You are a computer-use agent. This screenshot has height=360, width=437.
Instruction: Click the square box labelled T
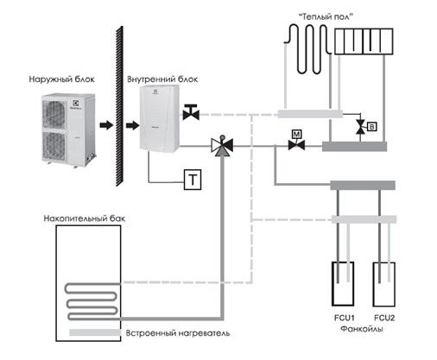click(x=193, y=180)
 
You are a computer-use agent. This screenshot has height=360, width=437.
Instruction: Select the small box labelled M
click(x=296, y=134)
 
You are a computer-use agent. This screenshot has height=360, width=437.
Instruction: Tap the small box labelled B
click(x=372, y=127)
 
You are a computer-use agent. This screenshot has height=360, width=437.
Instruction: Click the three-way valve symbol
click(x=222, y=145)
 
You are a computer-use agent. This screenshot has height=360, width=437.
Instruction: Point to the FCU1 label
click(x=344, y=318)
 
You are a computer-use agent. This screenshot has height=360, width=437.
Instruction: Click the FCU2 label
click(x=384, y=318)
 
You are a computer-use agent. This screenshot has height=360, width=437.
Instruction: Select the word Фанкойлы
click(x=362, y=329)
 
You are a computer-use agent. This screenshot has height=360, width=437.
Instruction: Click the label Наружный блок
click(x=61, y=79)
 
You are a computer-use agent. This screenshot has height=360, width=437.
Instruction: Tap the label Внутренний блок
click(x=162, y=79)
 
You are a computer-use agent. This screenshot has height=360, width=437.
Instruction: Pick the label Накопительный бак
click(x=85, y=218)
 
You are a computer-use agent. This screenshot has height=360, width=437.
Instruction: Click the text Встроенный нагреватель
click(x=178, y=333)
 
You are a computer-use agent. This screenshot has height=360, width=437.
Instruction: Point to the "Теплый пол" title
click(x=326, y=16)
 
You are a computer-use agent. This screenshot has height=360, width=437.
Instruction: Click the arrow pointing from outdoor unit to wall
click(x=106, y=125)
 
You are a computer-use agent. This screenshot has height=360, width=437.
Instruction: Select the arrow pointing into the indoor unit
click(x=132, y=125)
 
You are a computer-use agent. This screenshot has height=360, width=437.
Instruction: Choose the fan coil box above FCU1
click(x=343, y=284)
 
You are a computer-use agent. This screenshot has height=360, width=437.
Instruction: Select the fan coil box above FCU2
click(x=384, y=284)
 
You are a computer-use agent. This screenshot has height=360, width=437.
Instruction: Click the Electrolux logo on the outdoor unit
click(x=76, y=104)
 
